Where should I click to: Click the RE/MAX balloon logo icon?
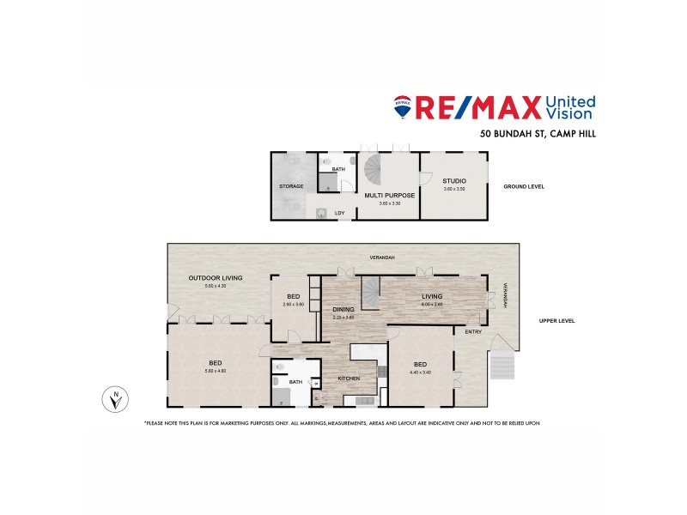(401, 106)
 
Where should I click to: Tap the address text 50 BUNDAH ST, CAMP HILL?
(537, 134)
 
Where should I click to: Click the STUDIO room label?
(454, 181)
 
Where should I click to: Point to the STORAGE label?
(289, 185)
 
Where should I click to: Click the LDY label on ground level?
(340, 213)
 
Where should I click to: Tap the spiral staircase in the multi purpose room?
(375, 167)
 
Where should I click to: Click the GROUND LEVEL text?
(524, 186)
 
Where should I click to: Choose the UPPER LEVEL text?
(556, 321)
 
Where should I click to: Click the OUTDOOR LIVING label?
(216, 278)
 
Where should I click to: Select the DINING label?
(343, 309)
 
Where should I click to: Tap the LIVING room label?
(431, 296)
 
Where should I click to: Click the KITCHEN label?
(348, 379)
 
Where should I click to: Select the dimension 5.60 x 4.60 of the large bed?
(216, 371)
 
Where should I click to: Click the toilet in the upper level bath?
(281, 367)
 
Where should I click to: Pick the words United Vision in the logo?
(570, 106)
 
